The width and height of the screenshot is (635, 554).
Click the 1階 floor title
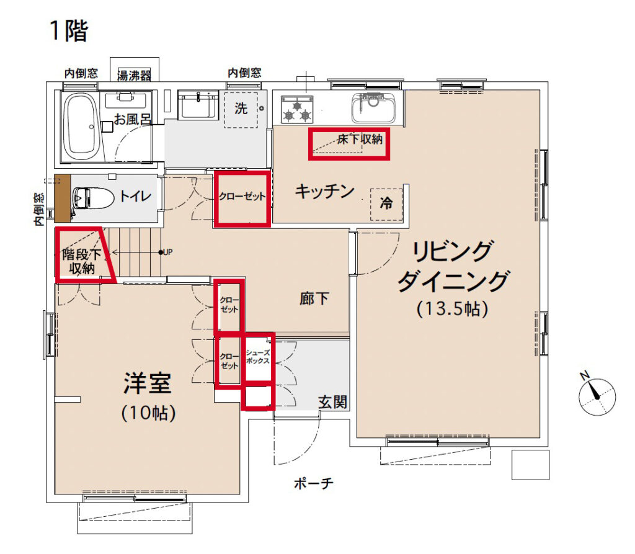point(69,30)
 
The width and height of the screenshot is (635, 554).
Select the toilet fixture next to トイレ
point(93,198)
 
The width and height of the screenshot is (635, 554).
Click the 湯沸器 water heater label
point(134,75)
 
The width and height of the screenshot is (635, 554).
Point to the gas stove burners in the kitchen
point(297,109)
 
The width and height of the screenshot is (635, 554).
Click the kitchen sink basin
point(373,108)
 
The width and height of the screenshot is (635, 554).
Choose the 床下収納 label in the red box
point(360,140)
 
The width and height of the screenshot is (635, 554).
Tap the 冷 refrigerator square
point(386,204)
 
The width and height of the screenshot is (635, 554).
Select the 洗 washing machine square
point(241,109)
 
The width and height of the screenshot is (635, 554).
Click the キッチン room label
point(324,191)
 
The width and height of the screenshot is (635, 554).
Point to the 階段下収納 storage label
point(81,261)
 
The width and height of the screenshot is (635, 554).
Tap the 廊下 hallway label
point(314,299)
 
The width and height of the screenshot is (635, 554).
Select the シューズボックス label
point(258,357)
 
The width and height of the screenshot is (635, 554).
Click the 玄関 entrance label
point(332,402)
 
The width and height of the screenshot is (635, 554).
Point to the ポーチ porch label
point(314,483)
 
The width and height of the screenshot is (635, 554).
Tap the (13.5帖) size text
point(452,308)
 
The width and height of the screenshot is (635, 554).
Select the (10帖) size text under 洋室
point(148,413)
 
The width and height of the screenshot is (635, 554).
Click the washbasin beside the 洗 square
point(198,105)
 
